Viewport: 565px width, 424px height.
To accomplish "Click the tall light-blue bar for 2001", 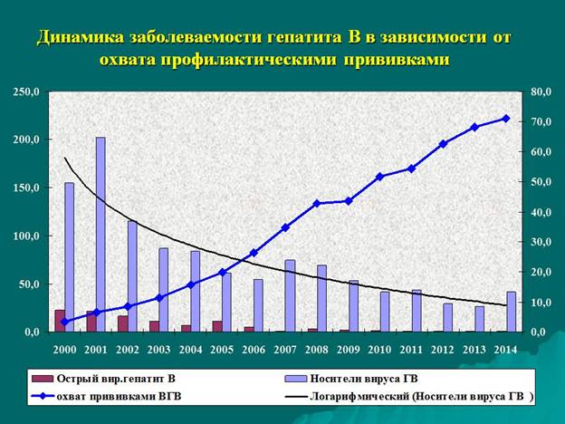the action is [101, 235].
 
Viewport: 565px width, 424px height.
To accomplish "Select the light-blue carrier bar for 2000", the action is [69, 257].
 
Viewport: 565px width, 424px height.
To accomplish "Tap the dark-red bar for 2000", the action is [60, 321].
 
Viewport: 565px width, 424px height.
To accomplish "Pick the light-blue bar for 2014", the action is [512, 312].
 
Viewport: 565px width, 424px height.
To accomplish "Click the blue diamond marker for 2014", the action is [506, 119].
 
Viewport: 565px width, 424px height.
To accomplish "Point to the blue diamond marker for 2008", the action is [317, 203].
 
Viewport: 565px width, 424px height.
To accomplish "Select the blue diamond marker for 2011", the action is [411, 169].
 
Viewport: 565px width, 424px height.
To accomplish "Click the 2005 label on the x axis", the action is [222, 350].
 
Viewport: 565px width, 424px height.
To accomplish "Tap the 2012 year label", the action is [443, 350].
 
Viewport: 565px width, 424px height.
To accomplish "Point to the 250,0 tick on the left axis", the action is [26, 92].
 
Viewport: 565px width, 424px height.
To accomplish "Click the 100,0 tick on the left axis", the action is [26, 236].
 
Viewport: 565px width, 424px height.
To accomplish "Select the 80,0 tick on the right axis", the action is [541, 92].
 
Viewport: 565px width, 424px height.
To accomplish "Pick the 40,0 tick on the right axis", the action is [541, 212].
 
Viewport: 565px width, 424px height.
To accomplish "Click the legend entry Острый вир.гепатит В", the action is [104, 379].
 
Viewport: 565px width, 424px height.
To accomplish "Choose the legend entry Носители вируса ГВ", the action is [351, 379].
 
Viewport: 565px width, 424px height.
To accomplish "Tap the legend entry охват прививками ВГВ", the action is [106, 396].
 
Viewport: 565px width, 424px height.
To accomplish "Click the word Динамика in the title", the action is [81, 37].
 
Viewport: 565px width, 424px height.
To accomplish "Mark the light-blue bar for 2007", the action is [290, 295].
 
